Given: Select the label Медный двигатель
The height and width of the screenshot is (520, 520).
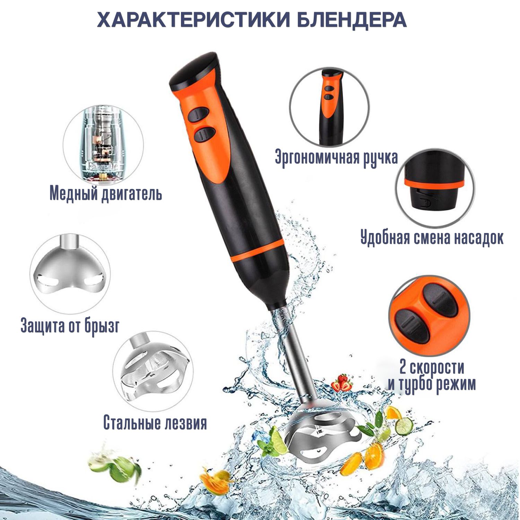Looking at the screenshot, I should pos(106,193).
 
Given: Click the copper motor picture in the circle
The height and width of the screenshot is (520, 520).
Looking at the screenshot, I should pos(103,142).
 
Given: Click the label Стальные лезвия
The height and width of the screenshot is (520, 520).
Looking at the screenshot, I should pos(155,423).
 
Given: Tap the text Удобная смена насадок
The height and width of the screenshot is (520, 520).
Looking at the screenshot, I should pos(432,238).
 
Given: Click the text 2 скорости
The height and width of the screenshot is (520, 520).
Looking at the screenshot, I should pos(432,367).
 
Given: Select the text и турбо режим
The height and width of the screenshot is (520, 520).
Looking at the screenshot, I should pos(432,384).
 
